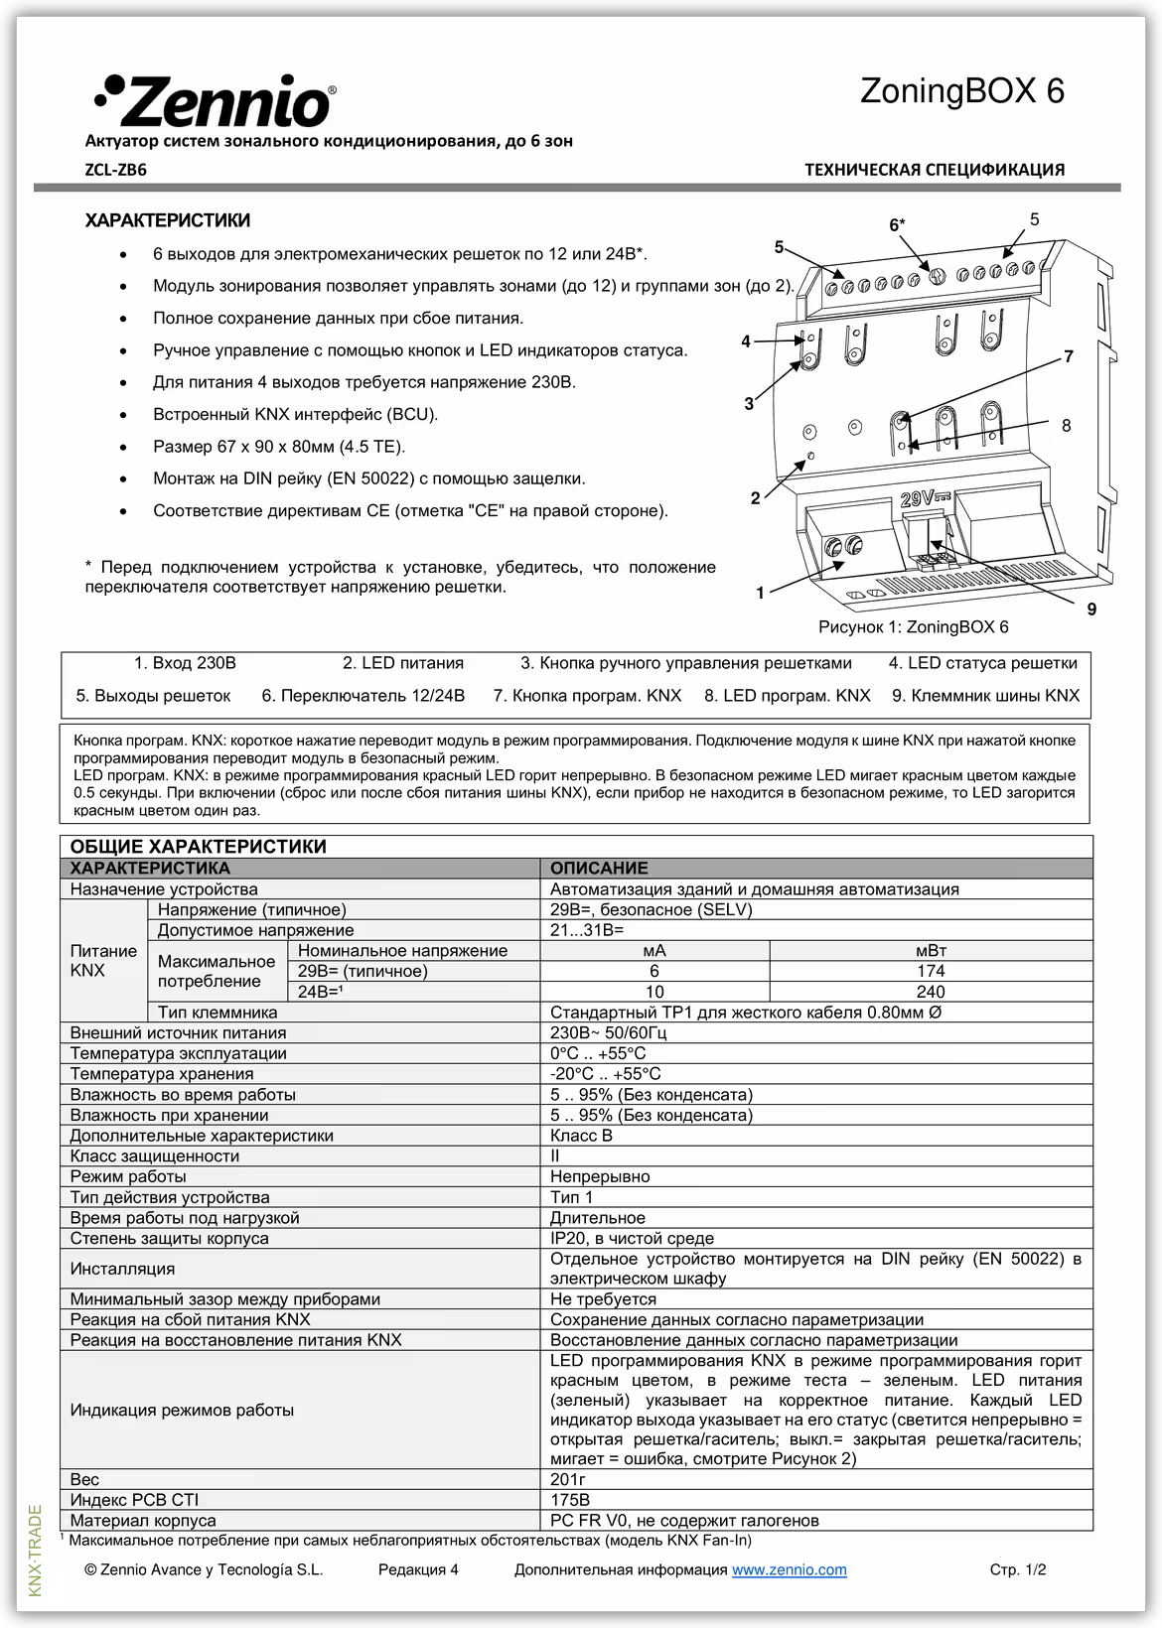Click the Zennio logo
pyautogui.click(x=215, y=102)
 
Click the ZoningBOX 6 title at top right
pyautogui.click(x=960, y=91)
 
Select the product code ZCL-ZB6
pyautogui.click(x=116, y=170)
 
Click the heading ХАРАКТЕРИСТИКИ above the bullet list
pyautogui.click(x=168, y=220)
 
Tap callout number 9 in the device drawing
pyautogui.click(x=1091, y=609)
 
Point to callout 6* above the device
pyautogui.click(x=896, y=225)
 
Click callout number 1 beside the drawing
pyautogui.click(x=760, y=593)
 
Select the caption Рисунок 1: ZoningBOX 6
pyautogui.click(x=913, y=626)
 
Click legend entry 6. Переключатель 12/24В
pyautogui.click(x=363, y=695)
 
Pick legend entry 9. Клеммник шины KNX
pyautogui.click(x=984, y=695)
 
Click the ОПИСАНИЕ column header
pyautogui.click(x=599, y=868)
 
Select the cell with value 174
pyautogui.click(x=931, y=971)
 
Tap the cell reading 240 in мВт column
pyautogui.click(x=931, y=992)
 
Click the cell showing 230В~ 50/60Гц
pyautogui.click(x=608, y=1032)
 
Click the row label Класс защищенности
pyautogui.click(x=154, y=1155)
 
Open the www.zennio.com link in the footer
pyautogui.click(x=789, y=1569)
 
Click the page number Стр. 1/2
pyautogui.click(x=1017, y=1569)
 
